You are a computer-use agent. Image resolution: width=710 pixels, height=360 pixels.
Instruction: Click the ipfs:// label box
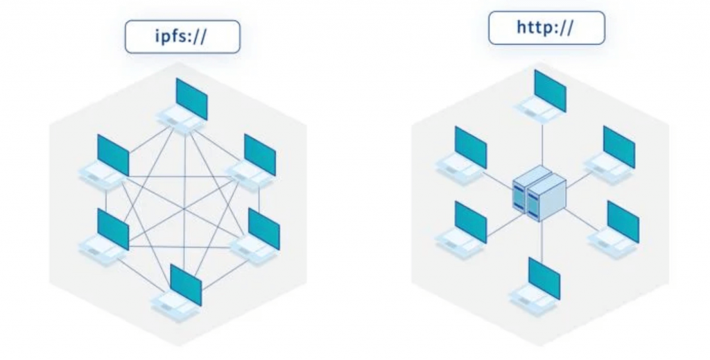[182, 37]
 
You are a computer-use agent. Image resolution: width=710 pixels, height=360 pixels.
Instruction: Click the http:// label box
[546, 28]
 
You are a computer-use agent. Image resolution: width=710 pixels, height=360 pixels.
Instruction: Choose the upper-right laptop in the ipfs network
[254, 162]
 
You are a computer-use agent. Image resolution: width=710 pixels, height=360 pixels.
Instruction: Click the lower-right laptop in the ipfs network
[257, 237]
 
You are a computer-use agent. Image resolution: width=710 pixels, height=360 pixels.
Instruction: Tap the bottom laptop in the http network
[537, 285]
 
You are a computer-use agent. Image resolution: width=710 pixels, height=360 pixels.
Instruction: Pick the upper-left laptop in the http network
[464, 154]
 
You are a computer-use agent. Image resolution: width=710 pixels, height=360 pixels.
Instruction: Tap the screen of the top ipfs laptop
[191, 98]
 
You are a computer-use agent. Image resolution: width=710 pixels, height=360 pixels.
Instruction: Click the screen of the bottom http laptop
[544, 277]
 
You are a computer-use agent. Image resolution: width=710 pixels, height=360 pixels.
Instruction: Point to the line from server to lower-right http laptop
[582, 216]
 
